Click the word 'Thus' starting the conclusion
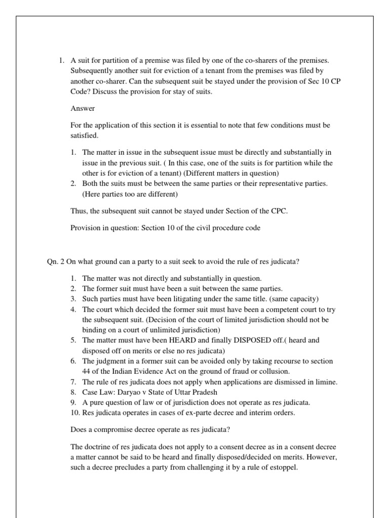[78, 211]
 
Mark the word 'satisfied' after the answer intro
[83, 136]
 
